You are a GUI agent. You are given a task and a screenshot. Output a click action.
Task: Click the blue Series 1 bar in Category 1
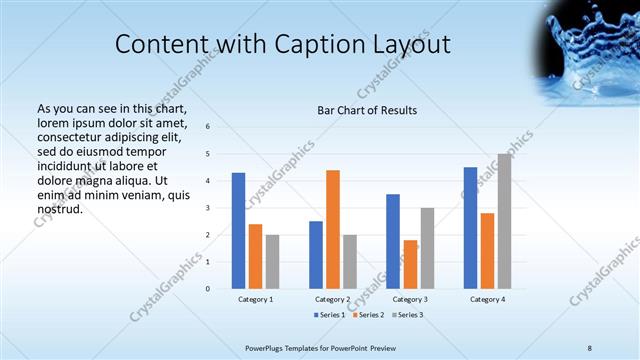point(238,231)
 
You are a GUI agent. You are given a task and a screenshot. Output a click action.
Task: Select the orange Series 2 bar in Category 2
point(333,229)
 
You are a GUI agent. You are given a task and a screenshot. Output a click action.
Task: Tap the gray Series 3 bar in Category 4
point(504,221)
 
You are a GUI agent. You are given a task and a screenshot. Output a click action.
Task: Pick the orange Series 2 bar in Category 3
point(410,264)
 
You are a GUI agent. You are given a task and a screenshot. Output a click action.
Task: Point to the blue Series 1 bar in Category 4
point(470,228)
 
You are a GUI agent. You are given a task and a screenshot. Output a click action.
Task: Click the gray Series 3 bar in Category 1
point(272,262)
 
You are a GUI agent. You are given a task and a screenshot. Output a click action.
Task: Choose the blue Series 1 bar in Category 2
point(316,255)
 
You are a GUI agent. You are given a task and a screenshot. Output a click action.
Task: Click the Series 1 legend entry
point(331,315)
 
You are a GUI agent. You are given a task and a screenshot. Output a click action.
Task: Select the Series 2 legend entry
point(368,315)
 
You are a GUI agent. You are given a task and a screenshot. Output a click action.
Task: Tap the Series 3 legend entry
point(406,315)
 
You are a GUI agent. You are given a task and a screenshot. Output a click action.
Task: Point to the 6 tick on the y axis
point(207,127)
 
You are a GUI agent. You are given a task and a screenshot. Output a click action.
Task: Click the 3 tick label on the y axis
point(207,208)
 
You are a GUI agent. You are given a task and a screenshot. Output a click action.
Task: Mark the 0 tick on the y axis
point(207,289)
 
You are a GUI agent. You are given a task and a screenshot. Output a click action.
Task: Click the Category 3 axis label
point(410,299)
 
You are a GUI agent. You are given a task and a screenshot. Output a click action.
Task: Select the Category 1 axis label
point(255,299)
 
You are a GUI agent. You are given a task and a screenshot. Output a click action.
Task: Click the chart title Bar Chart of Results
point(367,110)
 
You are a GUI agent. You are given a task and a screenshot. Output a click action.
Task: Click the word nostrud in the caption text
point(58,210)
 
